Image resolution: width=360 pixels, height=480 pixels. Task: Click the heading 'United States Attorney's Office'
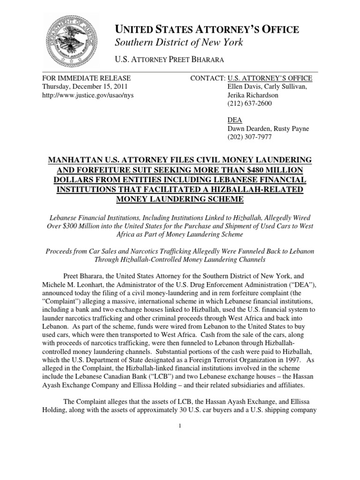click(207, 30)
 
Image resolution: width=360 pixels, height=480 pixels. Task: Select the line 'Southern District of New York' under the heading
click(179, 43)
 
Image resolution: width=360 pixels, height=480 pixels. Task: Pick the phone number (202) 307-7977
click(246, 137)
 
